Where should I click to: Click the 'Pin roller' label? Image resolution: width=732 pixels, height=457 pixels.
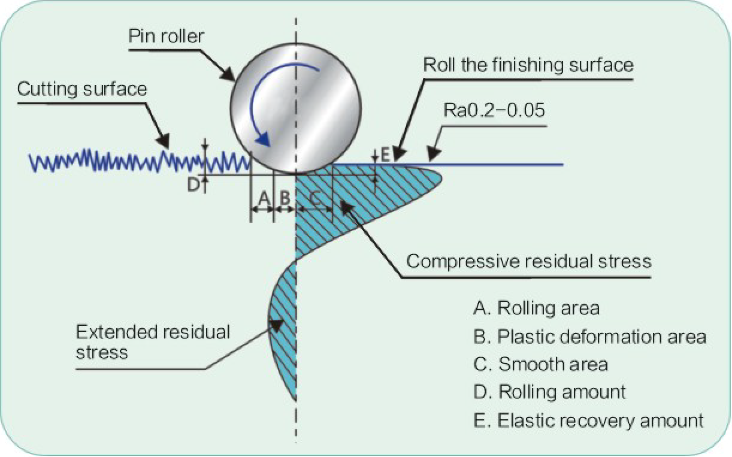[x=167, y=36]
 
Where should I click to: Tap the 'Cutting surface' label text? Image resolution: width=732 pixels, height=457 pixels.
[x=82, y=89]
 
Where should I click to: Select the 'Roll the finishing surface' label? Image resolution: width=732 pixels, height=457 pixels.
[x=528, y=65]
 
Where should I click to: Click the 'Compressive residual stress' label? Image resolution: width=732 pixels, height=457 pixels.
[x=528, y=261]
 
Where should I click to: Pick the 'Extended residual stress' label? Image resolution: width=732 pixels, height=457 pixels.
[x=153, y=341]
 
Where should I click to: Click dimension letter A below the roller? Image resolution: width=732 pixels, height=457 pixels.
[x=262, y=196]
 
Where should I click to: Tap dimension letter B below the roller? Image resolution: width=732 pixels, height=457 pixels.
[x=285, y=196]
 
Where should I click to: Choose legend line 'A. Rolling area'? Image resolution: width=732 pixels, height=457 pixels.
[x=536, y=308]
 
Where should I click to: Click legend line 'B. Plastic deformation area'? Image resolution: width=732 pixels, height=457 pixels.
[x=589, y=336]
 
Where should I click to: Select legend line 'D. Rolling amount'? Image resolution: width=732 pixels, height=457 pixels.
[x=549, y=392]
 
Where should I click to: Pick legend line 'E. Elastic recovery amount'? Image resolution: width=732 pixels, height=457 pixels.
[x=588, y=420]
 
